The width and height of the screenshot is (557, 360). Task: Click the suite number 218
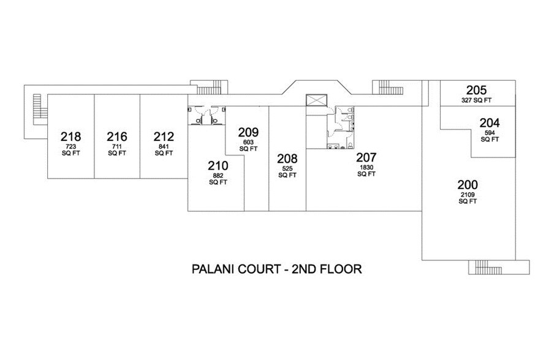pyautogui.click(x=70, y=137)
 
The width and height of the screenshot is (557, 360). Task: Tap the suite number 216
pyautogui.click(x=116, y=137)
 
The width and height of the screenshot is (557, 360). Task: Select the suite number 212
pyautogui.click(x=164, y=137)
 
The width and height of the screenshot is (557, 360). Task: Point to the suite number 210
pyautogui.click(x=218, y=166)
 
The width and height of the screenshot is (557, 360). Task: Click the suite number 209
pyautogui.click(x=248, y=132)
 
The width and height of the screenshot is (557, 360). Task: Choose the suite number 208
pyautogui.click(x=287, y=159)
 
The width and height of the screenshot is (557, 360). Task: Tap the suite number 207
pyautogui.click(x=365, y=157)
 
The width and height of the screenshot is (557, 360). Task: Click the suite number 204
pyautogui.click(x=490, y=122)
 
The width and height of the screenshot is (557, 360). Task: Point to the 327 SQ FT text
pyautogui.click(x=477, y=100)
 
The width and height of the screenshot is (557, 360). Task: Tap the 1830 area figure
pyautogui.click(x=365, y=167)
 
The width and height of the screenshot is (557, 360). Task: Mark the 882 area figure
pyautogui.click(x=218, y=176)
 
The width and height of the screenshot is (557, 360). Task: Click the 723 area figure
pyautogui.click(x=70, y=147)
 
